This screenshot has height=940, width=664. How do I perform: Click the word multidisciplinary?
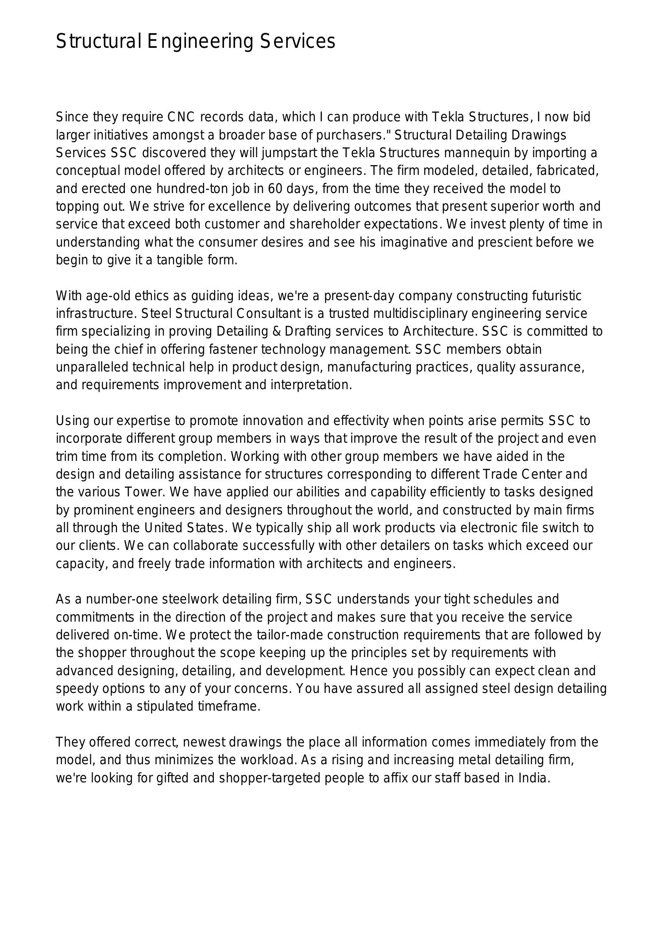coord(420,314)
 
